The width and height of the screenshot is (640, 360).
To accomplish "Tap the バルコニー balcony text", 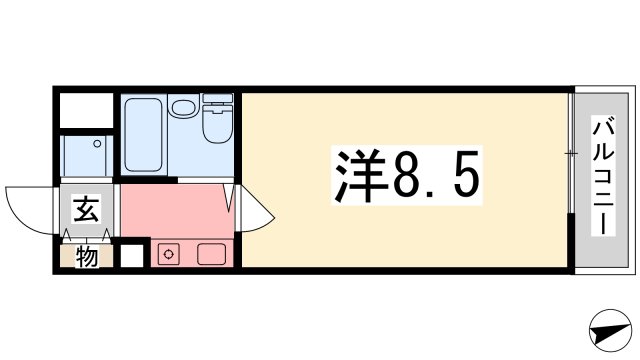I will pos(603,177).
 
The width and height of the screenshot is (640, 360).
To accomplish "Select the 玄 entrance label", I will pos(86,211).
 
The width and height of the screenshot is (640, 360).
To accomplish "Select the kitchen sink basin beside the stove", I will pos(211,254).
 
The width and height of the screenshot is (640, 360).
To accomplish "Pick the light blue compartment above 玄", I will pos(87,154).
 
